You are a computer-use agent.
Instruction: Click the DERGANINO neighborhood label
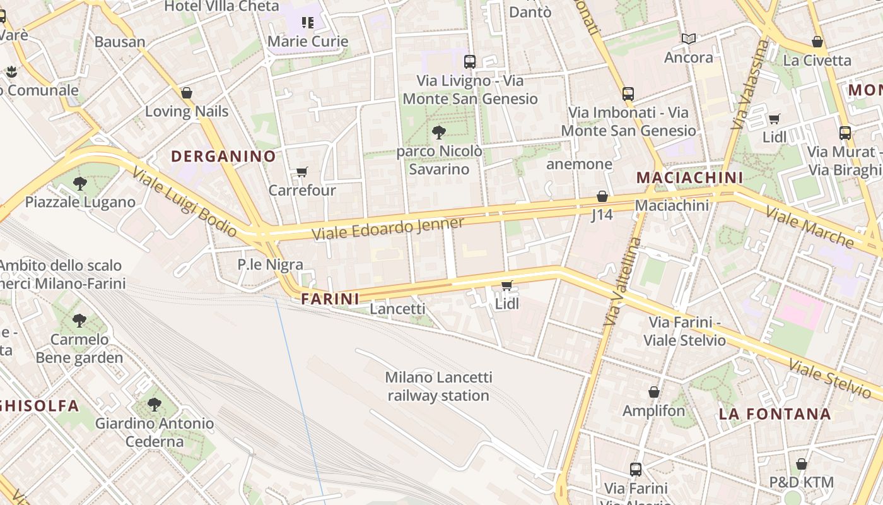click(223, 156)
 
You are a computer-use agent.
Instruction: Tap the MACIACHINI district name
click(689, 177)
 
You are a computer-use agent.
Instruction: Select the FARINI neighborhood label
click(330, 299)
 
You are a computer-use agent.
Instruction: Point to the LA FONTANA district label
click(775, 414)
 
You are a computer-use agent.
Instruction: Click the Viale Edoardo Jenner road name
click(389, 229)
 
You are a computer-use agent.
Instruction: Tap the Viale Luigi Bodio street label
click(185, 202)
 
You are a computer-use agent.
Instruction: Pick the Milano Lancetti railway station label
click(438, 386)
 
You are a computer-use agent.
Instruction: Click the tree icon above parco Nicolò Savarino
click(439, 133)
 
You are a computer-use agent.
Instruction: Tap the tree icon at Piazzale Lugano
click(80, 184)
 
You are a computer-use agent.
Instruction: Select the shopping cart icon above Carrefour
click(302, 172)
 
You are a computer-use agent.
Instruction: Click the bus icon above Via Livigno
click(470, 61)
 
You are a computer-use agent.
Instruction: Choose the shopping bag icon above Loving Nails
click(187, 93)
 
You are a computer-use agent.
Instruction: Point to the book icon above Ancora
click(689, 39)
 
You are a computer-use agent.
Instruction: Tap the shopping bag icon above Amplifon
click(654, 392)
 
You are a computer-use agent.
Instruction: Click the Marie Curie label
click(308, 42)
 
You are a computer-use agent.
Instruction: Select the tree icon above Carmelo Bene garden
click(79, 320)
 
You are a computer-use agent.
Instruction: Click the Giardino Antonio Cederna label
click(155, 432)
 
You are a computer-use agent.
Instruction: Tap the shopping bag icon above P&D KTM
click(802, 464)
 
